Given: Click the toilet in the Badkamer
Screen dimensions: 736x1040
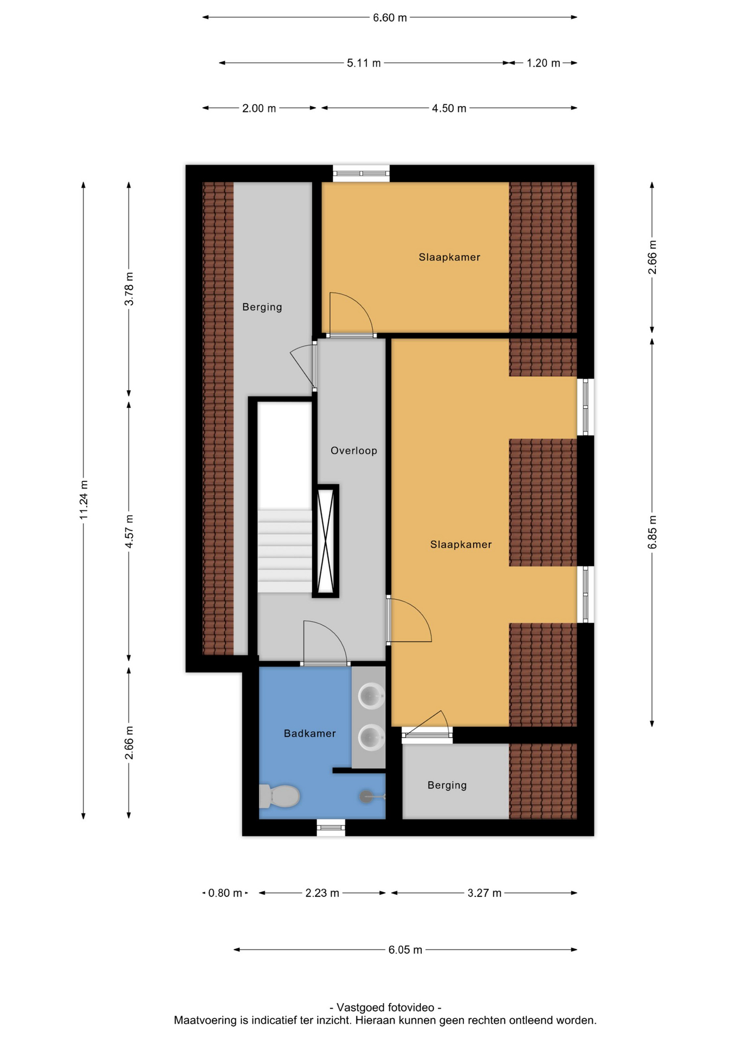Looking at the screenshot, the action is (x=279, y=796).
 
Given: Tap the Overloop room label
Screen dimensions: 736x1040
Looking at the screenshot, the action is (x=354, y=451).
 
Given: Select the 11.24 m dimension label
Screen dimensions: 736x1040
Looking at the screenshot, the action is (x=83, y=500).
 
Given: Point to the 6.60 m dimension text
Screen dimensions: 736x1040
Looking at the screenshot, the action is (x=390, y=18).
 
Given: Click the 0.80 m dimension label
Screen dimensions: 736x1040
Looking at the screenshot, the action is (x=225, y=893).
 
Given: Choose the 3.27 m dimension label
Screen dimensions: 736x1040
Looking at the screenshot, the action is (x=485, y=893).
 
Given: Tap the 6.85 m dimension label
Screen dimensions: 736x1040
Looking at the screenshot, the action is (x=653, y=532).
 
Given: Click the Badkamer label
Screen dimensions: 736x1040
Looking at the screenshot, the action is (x=310, y=733).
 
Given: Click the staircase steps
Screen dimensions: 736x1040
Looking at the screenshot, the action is (x=285, y=550).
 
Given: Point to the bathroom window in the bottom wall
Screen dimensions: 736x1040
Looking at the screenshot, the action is (x=331, y=827).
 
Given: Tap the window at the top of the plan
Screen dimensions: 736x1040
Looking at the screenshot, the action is (x=361, y=173).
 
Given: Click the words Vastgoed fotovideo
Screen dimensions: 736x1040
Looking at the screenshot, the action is (x=385, y=1007).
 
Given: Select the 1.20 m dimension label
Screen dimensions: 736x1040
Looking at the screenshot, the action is (x=544, y=63).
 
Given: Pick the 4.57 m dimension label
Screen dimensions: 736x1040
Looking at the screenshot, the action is (x=129, y=531).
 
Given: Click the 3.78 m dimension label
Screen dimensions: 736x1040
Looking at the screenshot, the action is (x=129, y=289).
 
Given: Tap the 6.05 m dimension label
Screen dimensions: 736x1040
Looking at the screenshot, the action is (x=405, y=950).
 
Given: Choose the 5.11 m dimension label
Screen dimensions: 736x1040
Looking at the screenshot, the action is (x=364, y=63).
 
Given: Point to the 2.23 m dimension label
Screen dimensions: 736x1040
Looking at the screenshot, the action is (x=322, y=893).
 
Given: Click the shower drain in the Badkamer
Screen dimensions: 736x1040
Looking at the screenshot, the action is (x=366, y=796).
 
